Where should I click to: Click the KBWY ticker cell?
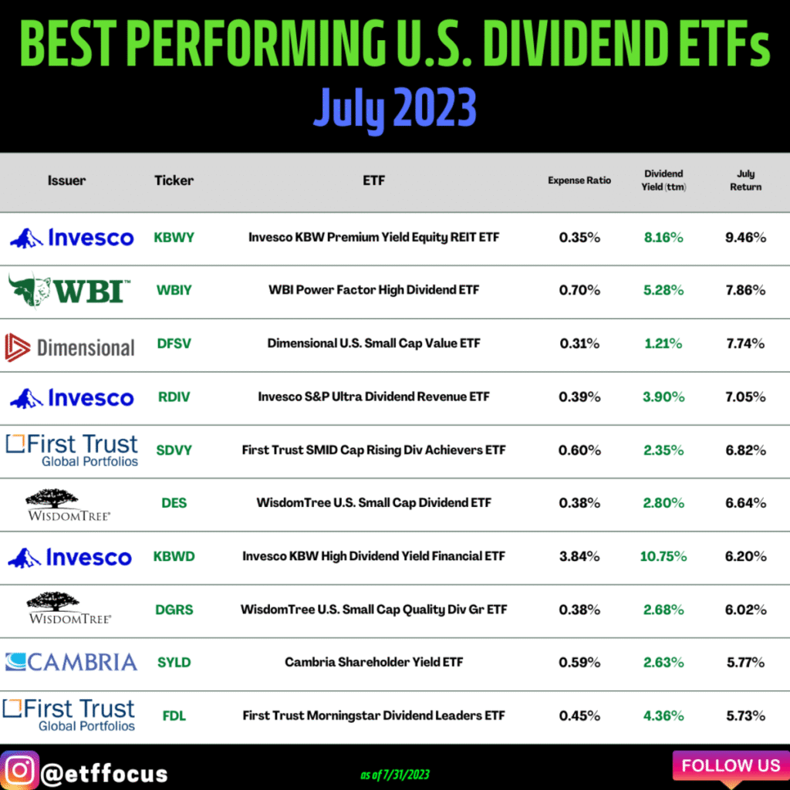pos(174,238)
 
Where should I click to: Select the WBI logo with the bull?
pos(69,291)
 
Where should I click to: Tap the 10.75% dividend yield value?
pos(663,556)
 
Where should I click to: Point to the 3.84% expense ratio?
pos(579,556)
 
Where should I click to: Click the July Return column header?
pos(745,181)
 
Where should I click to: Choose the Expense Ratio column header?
pos(579,181)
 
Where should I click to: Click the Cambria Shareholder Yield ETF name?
pos(373,662)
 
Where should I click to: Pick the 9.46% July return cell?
pos(745,238)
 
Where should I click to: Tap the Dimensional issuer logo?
pos(69,346)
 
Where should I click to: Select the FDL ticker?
pos(174,715)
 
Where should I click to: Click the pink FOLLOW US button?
pos(730,765)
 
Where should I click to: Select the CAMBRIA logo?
pos(71,661)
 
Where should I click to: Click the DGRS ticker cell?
pos(174,609)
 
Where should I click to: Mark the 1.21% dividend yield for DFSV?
pos(663,344)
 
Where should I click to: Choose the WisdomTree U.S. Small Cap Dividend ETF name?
pos(373,503)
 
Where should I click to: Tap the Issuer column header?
pos(66,181)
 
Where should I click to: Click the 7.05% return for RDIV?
pos(745,397)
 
